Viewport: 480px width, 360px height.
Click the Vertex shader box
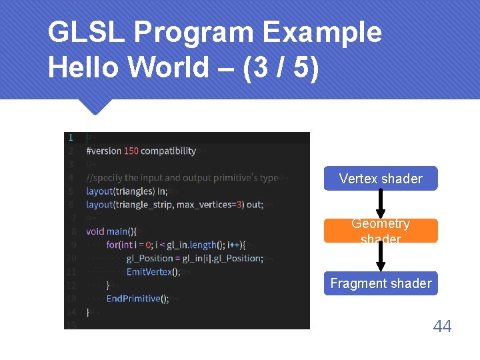(381, 179)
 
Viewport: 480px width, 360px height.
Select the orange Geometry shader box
(381, 231)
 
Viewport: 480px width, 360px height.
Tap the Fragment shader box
(381, 283)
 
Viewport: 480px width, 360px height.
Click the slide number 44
(442, 326)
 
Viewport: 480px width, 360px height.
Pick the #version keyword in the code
(104, 151)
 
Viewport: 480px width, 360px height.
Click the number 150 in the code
(131, 151)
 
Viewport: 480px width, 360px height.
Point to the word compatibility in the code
(168, 151)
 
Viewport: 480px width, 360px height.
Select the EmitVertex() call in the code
(153, 271)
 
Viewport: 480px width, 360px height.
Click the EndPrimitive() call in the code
(137, 299)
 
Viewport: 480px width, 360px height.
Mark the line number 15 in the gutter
(71, 325)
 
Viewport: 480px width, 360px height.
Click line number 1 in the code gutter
(71, 137)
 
